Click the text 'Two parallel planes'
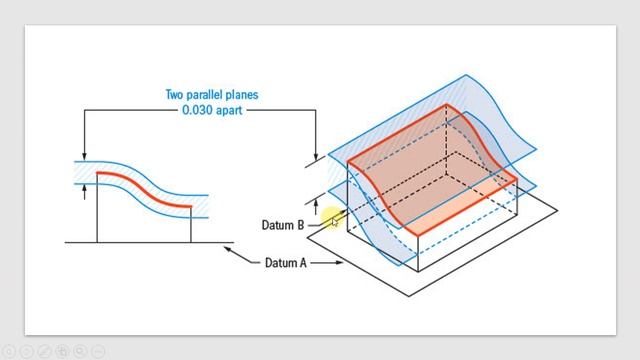[212, 95]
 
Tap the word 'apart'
[230, 110]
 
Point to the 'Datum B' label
[282, 225]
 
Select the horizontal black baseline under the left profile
[150, 242]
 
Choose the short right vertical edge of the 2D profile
[191, 224]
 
